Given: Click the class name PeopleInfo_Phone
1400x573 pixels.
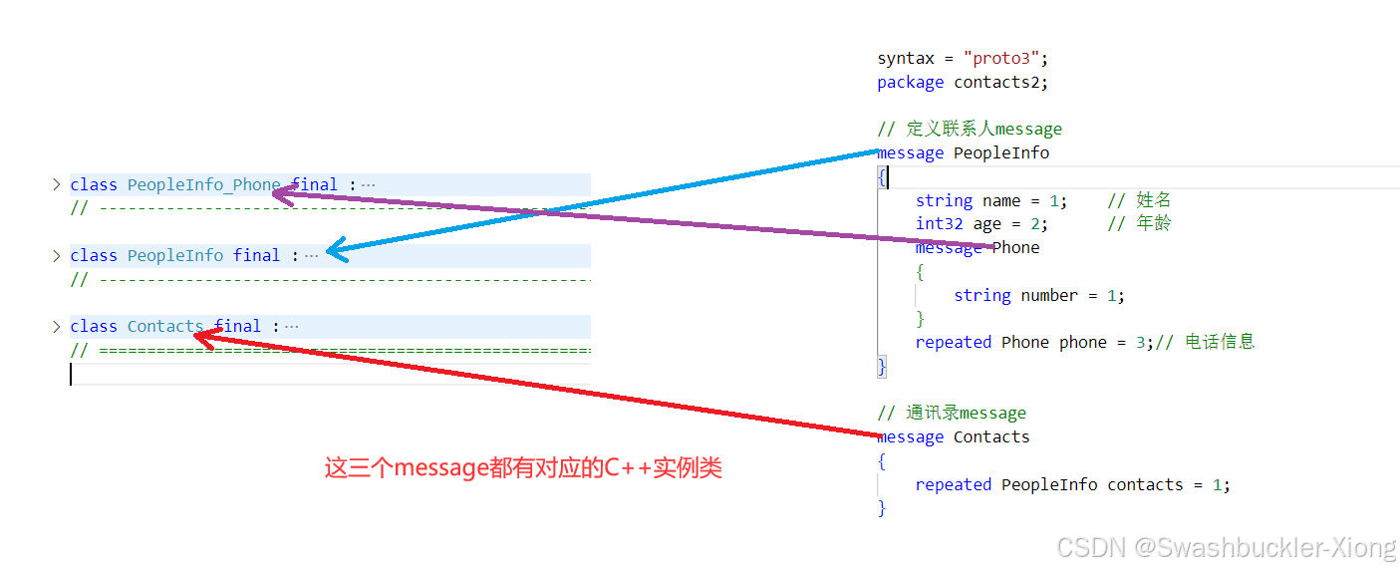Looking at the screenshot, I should tap(203, 184).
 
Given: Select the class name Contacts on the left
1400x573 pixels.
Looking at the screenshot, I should tap(164, 326).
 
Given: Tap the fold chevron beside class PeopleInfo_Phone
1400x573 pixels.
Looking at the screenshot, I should tap(57, 184).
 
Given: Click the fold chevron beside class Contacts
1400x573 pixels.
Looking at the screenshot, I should tap(57, 326).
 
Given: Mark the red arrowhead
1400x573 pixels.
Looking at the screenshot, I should tap(201, 337).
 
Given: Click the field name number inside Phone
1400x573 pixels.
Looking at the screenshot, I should tap(1049, 295).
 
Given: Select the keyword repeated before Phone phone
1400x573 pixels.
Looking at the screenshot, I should tap(953, 342).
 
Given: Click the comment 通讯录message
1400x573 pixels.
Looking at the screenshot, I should tap(952, 413).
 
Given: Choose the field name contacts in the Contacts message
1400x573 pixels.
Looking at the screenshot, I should tap(1145, 484).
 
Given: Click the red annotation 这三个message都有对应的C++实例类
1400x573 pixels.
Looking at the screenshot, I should tap(523, 467).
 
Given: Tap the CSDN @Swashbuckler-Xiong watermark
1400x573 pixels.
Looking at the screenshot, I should tap(1227, 547).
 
